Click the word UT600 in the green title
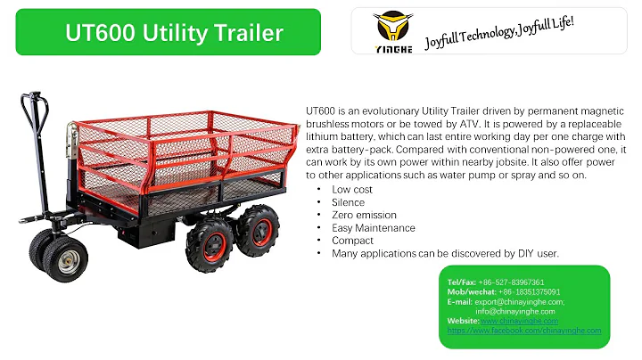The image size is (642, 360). point(98,33)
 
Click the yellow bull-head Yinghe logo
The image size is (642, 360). point(391,32)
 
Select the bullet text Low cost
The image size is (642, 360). point(351,190)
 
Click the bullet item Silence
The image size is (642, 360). point(348,202)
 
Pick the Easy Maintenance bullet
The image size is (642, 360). point(373,228)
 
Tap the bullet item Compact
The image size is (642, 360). point(352,241)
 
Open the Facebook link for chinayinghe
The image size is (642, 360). point(524,330)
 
